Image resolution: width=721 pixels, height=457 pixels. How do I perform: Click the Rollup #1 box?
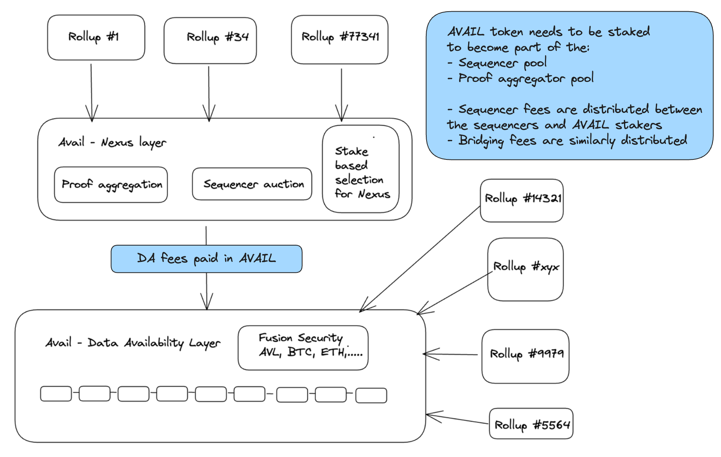tap(96, 37)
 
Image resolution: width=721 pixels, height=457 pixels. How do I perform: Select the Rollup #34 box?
tap(210, 40)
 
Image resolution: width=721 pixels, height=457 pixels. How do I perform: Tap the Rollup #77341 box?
tap(339, 39)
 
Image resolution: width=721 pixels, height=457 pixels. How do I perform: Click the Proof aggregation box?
tap(111, 185)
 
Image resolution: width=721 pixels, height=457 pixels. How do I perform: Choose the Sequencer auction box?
tap(252, 184)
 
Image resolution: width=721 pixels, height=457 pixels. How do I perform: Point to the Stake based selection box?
tap(361, 169)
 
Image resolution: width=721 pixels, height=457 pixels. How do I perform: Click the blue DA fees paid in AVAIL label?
tap(206, 259)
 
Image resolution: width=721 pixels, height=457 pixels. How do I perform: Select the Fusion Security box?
tap(303, 348)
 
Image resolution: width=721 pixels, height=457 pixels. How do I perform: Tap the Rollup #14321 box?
tap(522, 200)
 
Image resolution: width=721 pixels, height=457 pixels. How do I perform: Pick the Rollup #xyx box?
tap(526, 269)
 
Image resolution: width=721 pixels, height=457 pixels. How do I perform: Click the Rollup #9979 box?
tap(526, 356)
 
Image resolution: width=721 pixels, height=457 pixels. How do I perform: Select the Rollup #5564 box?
tap(531, 424)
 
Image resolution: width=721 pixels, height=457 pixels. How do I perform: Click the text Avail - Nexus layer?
tap(112, 142)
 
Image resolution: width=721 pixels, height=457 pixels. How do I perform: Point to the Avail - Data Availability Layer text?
tap(133, 343)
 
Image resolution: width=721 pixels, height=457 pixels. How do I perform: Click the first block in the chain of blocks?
tap(56, 393)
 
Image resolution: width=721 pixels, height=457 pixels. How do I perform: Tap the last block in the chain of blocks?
tap(371, 395)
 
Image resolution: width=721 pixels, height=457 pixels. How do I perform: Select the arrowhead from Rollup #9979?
tap(429, 354)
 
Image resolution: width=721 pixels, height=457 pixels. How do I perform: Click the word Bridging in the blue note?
tap(481, 140)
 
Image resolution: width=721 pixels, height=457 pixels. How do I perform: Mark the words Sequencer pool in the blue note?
tap(503, 63)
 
